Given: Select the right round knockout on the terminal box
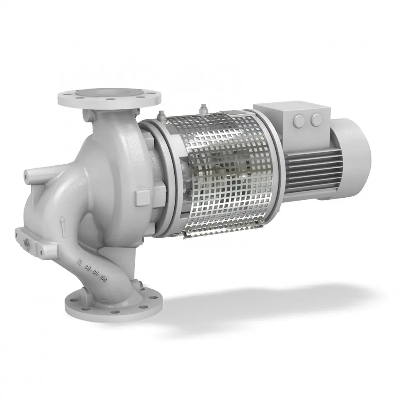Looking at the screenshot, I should click(x=316, y=120).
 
